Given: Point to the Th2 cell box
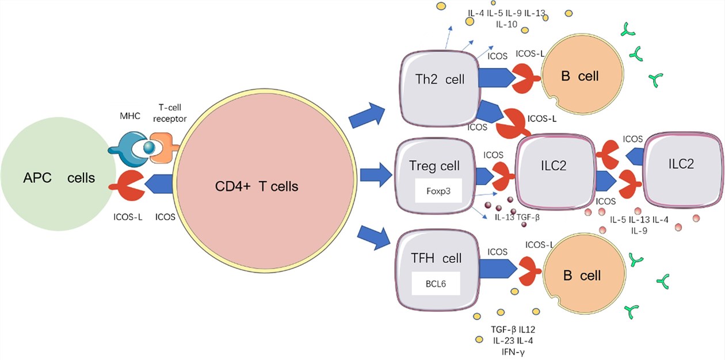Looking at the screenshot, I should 441,79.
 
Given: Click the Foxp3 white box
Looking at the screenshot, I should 439,190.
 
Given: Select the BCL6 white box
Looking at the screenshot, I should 436,284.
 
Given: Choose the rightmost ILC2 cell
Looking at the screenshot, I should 681,164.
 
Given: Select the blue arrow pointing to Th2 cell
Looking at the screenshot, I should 368,116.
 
